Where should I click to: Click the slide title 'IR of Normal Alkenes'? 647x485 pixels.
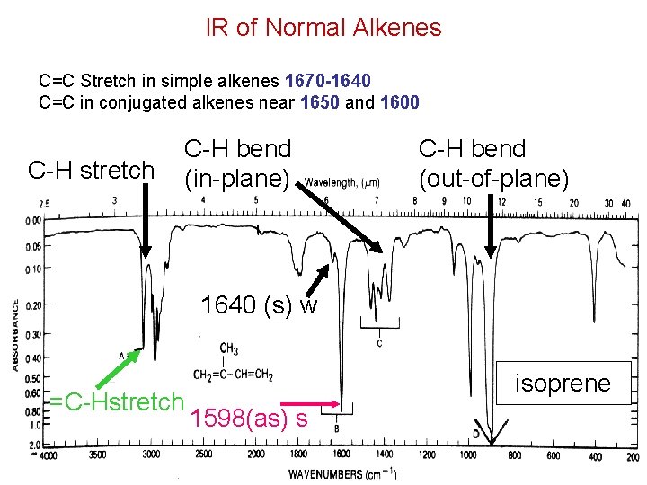click(x=323, y=28)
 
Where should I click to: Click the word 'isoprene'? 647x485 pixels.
click(x=563, y=384)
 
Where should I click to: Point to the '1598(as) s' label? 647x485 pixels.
click(x=250, y=418)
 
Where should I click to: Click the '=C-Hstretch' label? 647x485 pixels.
click(x=116, y=401)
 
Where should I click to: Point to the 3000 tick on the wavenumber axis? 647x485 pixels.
click(x=151, y=455)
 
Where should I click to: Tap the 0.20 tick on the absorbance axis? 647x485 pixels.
click(x=33, y=305)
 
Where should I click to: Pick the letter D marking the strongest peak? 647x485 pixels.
click(x=475, y=435)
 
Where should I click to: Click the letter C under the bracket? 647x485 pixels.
click(x=379, y=343)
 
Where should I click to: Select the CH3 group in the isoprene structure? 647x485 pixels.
click(x=229, y=348)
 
